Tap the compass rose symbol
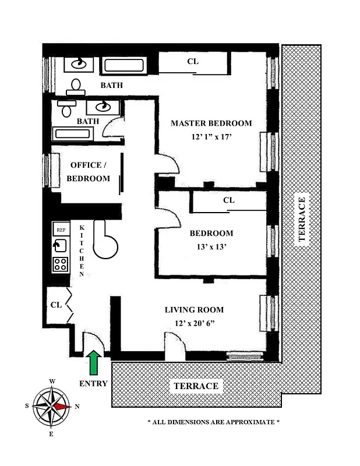point(52,406)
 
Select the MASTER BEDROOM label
point(211,123)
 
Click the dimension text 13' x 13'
point(211,246)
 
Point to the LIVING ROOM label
point(194,310)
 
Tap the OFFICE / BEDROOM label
point(89,172)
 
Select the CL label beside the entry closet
point(56,305)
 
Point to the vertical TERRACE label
point(301,222)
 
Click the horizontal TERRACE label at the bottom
point(195,386)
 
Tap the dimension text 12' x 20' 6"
point(194,323)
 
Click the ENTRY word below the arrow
point(93,383)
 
